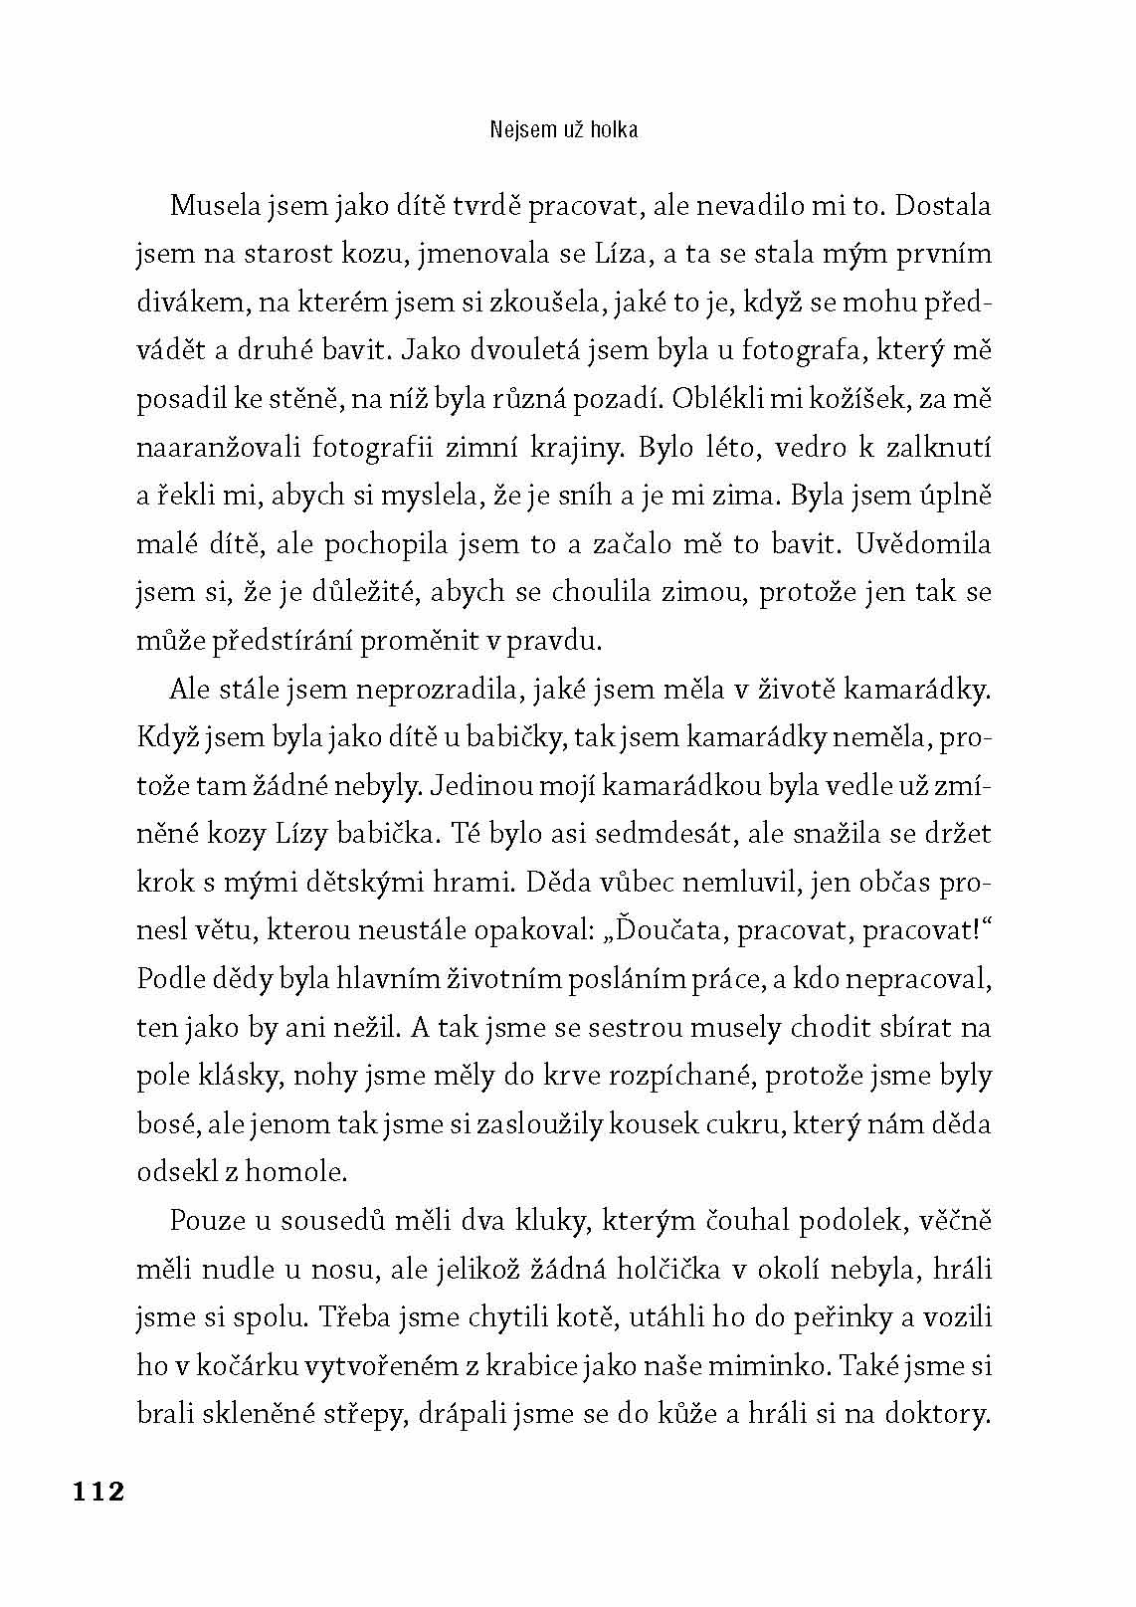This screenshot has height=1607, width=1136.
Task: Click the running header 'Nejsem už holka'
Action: tap(564, 129)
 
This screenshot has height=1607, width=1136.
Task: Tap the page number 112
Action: tap(96, 1491)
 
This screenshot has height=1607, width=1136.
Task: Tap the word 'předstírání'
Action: tap(284, 640)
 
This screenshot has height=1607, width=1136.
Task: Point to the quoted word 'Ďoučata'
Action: tap(661, 929)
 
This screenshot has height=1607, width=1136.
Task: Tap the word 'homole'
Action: tap(297, 1171)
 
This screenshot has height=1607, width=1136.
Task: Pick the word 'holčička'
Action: tap(730, 1269)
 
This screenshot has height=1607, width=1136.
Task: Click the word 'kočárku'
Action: tap(216, 1365)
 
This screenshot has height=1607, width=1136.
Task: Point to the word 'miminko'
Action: tap(775, 1365)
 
